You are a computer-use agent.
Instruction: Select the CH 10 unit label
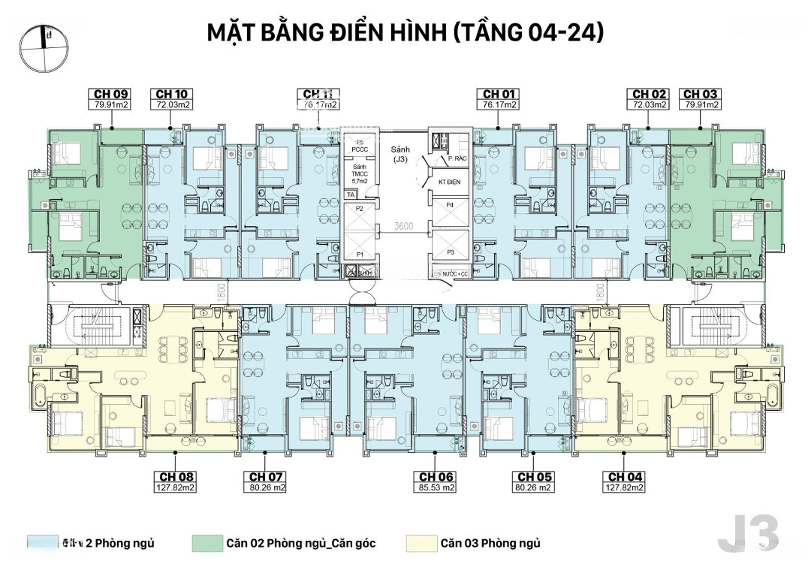tap(173, 94)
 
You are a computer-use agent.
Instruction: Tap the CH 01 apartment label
tap(500, 94)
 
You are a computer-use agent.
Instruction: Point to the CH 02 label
tap(649, 94)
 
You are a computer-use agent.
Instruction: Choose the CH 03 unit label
tap(700, 94)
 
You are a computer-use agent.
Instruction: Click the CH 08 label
tap(176, 477)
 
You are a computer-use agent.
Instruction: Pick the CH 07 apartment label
tap(266, 477)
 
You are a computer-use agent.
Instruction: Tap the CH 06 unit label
tap(437, 477)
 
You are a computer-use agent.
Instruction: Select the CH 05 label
tap(534, 477)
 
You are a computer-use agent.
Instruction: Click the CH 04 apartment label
tap(626, 477)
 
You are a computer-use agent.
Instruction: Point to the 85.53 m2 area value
tap(437, 487)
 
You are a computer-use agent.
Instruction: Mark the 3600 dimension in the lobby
tap(405, 225)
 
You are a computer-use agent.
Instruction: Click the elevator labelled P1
tap(360, 255)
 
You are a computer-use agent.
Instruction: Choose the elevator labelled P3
tap(451, 252)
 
